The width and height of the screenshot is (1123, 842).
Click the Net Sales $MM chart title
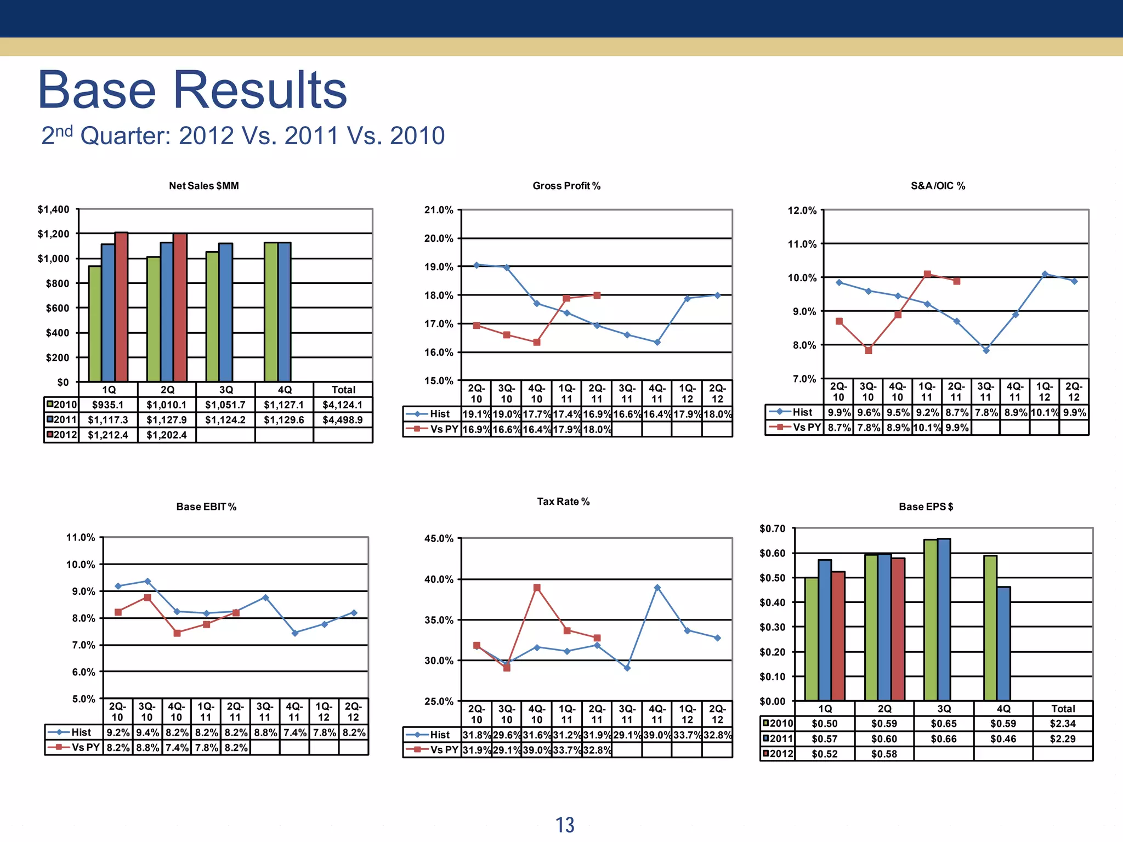coord(203,186)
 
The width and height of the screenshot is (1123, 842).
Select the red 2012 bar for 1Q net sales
coord(121,307)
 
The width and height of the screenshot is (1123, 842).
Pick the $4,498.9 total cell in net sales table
coord(343,420)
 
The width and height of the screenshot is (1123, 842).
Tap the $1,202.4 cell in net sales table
coord(167,435)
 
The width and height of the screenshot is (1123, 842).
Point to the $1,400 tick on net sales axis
coord(53,209)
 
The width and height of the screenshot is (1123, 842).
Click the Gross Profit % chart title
coord(566,186)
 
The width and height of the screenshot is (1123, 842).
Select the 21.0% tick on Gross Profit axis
coord(439,210)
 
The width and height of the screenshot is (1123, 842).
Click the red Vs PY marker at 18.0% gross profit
coord(597,295)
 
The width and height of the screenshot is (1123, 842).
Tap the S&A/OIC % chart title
coord(938,186)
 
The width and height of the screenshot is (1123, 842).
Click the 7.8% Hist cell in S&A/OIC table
coord(985,412)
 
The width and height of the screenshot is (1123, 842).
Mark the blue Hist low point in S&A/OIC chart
coord(986,350)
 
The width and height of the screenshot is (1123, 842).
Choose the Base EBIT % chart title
coord(206,507)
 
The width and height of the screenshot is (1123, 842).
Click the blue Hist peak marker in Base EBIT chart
coord(148,581)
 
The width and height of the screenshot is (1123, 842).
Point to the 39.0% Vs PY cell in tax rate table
coord(537,750)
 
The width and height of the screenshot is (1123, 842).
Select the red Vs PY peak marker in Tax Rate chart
coord(537,588)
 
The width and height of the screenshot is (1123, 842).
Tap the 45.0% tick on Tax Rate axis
coord(439,538)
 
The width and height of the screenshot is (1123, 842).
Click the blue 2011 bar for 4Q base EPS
coord(1003,644)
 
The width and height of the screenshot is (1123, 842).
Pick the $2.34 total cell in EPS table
coord(1062,724)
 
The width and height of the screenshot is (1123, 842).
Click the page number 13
coord(565,825)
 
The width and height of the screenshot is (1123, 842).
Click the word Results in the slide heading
coord(260,90)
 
